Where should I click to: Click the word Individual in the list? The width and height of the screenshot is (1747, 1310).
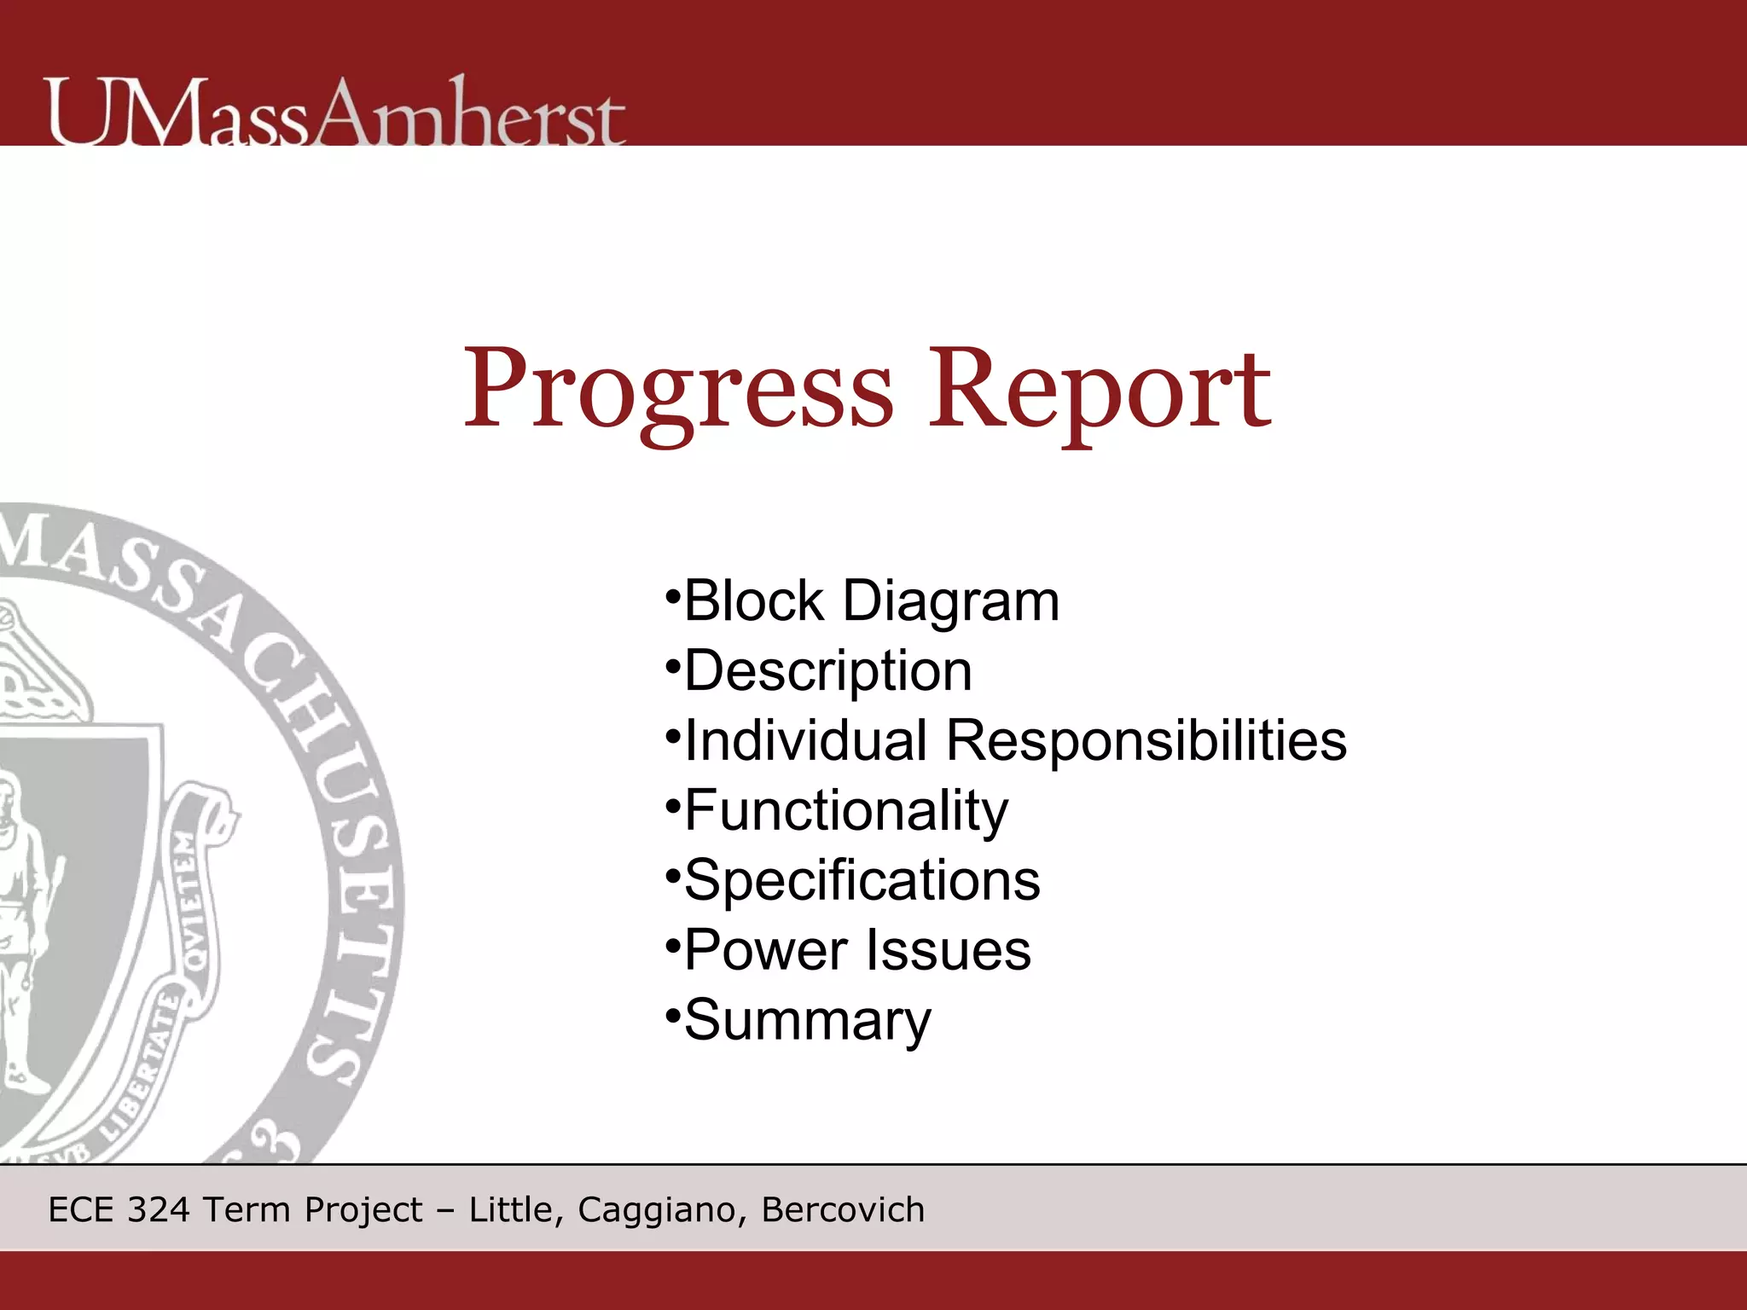805,740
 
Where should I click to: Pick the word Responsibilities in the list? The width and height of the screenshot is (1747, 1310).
1146,740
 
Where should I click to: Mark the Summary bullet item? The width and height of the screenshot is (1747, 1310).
807,1020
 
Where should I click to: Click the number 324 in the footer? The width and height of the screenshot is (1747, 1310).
158,1210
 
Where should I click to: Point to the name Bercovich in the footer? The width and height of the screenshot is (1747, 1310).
843,1210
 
